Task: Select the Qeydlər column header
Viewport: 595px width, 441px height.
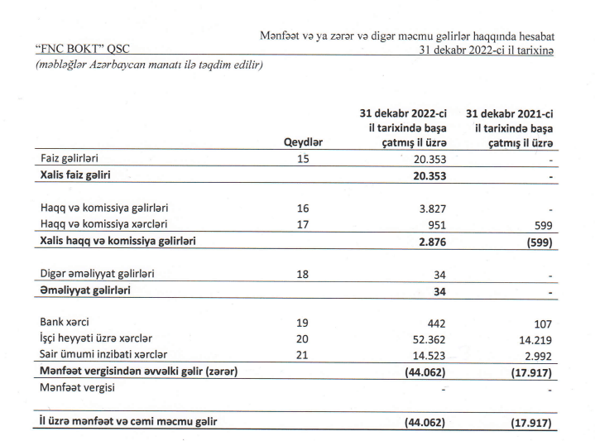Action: point(302,141)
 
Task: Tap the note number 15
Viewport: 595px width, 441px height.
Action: point(302,159)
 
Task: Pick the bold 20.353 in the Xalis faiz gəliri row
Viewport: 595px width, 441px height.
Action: point(429,176)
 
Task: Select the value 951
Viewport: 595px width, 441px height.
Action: point(436,224)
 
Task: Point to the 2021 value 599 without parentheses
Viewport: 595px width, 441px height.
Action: point(543,225)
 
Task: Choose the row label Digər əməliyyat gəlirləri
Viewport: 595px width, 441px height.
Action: point(97,273)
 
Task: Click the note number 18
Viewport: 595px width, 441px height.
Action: point(302,274)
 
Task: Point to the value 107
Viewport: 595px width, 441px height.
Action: point(542,323)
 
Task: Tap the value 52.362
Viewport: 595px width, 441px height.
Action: point(428,339)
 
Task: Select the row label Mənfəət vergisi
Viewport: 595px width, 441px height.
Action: point(78,387)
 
